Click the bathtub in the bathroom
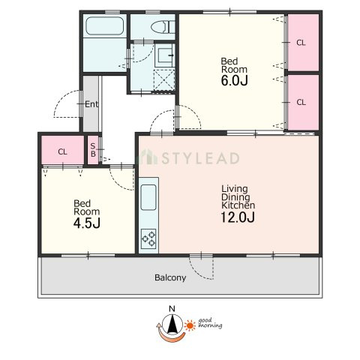105,25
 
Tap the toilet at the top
163,27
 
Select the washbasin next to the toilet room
165,55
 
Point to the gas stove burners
148,238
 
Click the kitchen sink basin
148,197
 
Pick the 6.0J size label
234,80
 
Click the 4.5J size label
87,223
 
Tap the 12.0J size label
238,217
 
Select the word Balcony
170,277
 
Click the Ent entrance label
91,104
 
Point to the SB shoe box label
93,150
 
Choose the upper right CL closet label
301,43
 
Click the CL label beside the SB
62,151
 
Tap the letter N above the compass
172,309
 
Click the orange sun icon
190,325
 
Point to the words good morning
210,323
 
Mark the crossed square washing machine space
164,80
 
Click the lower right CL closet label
301,102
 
